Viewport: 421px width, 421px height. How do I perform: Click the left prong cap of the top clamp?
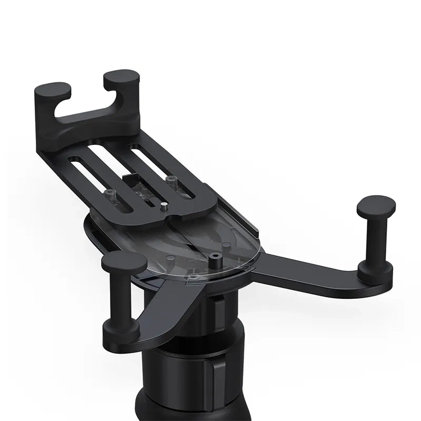53,90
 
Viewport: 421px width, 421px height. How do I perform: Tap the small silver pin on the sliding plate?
164,206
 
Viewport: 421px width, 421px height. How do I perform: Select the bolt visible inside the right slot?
169,180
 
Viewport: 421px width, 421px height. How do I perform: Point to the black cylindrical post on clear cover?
214,261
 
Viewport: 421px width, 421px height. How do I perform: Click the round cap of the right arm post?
376,204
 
